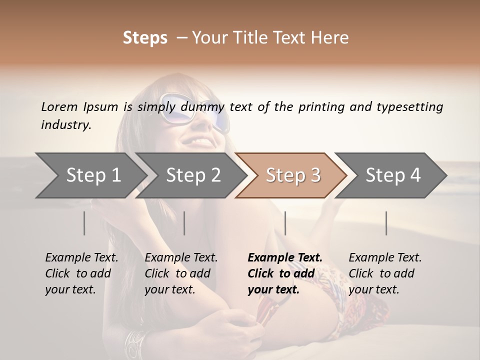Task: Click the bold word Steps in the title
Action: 145,38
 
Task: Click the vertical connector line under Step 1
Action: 84,223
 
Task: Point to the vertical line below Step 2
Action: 184,223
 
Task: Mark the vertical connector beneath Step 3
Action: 285,223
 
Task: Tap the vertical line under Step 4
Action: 386,223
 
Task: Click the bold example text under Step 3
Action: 285,273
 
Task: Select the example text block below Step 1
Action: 81,273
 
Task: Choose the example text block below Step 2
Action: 181,273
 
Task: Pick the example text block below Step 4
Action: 385,273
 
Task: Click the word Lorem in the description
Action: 59,106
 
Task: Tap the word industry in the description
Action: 65,125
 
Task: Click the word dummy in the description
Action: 203,107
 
